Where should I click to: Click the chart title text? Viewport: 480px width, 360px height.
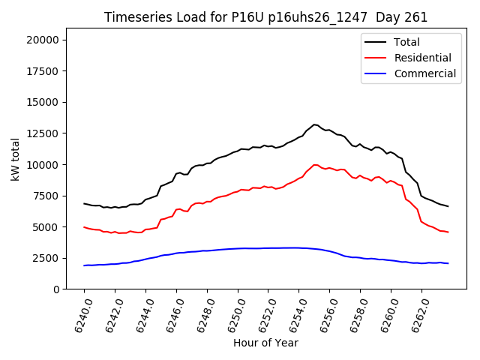[x=265, y=17]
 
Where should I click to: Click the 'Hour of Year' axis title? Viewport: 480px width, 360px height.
[x=265, y=343]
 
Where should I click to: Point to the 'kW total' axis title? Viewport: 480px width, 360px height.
[x=15, y=159]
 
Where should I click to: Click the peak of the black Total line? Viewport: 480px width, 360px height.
[x=314, y=124]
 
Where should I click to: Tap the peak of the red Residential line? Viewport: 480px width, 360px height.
[x=315, y=164]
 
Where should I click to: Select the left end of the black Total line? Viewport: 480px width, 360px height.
[x=84, y=203]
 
